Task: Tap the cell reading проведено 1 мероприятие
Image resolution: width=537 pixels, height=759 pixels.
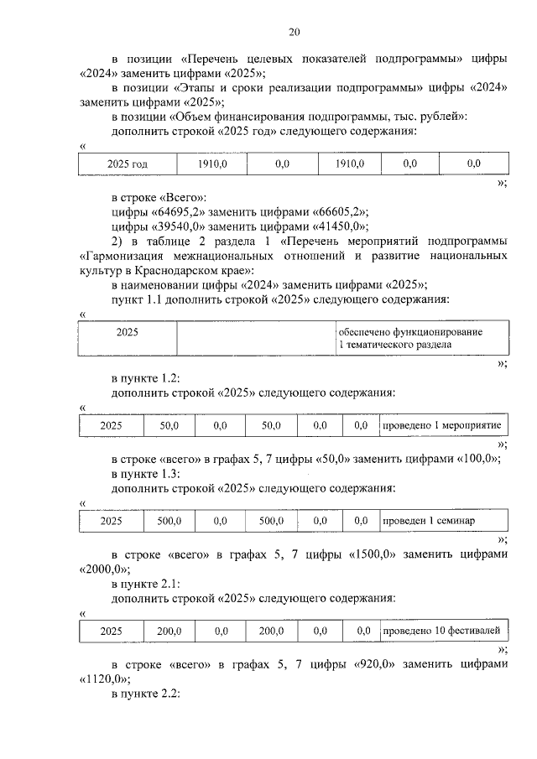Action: pyautogui.click(x=442, y=426)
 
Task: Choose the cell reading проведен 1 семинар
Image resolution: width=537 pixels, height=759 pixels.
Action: pyautogui.click(x=442, y=521)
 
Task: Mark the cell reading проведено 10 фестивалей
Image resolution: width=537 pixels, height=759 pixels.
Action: pyautogui.click(x=442, y=630)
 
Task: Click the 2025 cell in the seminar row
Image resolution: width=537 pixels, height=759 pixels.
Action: pyautogui.click(x=112, y=521)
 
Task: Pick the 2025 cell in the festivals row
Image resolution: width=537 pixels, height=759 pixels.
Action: pyautogui.click(x=112, y=630)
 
